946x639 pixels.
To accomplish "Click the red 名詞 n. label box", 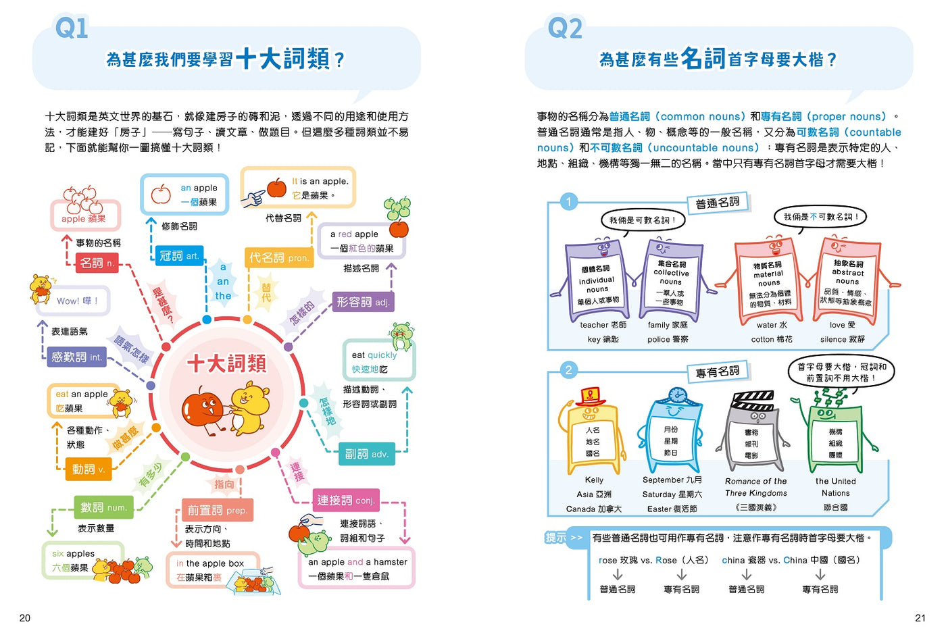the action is click(97, 263).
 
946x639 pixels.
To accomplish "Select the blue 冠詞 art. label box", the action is click(179, 256).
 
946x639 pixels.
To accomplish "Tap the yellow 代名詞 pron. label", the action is click(279, 257).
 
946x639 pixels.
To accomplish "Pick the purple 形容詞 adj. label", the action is click(364, 302).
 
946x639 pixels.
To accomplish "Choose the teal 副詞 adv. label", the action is click(366, 454).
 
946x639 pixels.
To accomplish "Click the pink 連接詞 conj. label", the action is click(346, 500).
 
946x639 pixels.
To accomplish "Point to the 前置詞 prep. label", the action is click(218, 510).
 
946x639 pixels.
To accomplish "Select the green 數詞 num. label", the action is click(103, 507).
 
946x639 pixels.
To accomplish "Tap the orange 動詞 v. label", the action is click(89, 469).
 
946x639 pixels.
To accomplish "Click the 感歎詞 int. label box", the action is click(76, 357).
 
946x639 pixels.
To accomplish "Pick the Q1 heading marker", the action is click(72, 28).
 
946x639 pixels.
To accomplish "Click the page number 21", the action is click(920, 618).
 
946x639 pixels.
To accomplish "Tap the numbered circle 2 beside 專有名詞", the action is click(568, 370).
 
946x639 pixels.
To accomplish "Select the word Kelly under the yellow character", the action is click(594, 480).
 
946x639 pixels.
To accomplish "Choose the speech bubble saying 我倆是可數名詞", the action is click(643, 220).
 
